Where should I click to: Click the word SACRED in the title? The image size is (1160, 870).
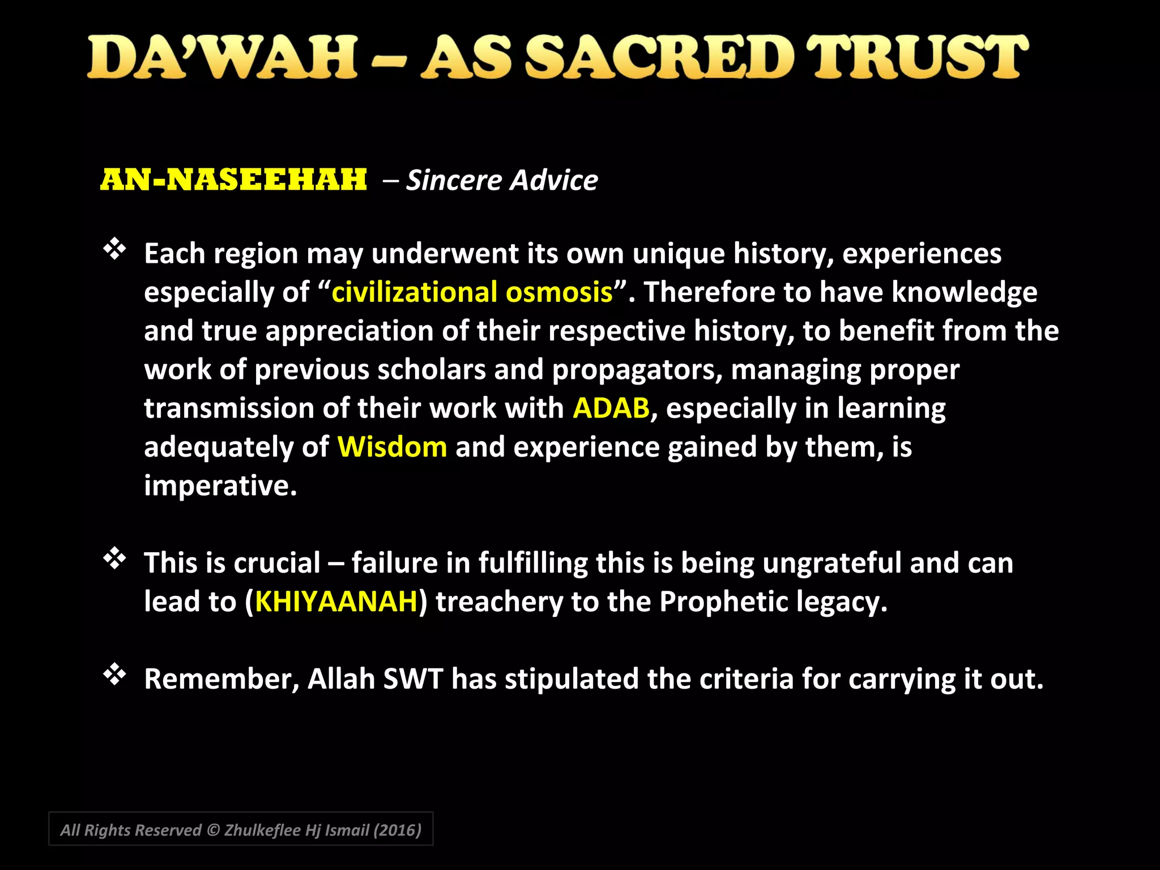(x=658, y=58)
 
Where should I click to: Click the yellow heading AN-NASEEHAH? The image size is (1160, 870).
(x=234, y=180)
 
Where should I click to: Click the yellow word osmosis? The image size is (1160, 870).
(x=559, y=292)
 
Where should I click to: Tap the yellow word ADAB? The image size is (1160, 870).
(x=611, y=408)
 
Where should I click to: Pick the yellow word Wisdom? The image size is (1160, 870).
(x=392, y=447)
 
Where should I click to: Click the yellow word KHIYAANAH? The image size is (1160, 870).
(x=336, y=602)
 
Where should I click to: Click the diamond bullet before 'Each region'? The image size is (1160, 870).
(x=115, y=249)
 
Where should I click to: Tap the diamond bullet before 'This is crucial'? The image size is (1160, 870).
(x=115, y=559)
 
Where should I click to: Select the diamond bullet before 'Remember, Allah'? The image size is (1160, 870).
(x=115, y=675)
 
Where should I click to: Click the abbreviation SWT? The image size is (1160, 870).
(x=412, y=679)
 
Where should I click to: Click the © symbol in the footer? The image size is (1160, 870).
(x=212, y=830)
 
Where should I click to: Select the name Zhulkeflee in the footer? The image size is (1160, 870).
(x=262, y=830)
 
